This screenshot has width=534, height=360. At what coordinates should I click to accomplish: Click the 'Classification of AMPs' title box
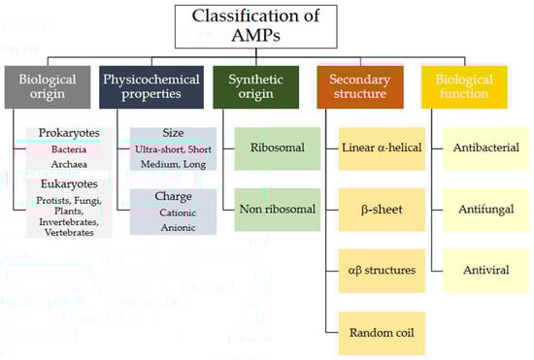(255, 26)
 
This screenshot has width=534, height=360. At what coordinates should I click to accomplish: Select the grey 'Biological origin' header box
(48, 87)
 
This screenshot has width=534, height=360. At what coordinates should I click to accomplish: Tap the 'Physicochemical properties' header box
(151, 87)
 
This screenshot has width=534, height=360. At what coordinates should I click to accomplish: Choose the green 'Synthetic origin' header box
(255, 87)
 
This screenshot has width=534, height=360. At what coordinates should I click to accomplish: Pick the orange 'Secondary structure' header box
(360, 87)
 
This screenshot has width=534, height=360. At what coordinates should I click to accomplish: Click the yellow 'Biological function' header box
(464, 87)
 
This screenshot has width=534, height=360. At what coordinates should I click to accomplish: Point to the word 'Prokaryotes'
(69, 133)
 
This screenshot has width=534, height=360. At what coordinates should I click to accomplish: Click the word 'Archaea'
(69, 164)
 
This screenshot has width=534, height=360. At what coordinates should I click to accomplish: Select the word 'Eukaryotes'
(69, 184)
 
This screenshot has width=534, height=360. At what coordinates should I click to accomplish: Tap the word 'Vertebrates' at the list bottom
(69, 233)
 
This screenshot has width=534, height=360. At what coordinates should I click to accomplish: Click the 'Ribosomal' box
(278, 148)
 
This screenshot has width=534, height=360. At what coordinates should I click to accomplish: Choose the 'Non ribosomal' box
(278, 210)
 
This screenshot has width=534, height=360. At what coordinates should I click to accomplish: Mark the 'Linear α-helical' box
(382, 148)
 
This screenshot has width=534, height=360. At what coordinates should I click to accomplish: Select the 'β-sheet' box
(382, 210)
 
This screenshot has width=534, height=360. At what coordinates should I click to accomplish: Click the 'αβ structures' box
(382, 271)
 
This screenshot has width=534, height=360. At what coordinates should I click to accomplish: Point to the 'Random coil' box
(382, 333)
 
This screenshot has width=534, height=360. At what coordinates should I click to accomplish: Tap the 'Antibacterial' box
(486, 148)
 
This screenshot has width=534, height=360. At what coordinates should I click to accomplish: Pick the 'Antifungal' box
(486, 210)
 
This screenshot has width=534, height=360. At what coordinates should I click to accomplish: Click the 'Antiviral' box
(486, 271)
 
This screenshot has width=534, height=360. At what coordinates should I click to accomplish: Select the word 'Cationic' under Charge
(178, 213)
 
